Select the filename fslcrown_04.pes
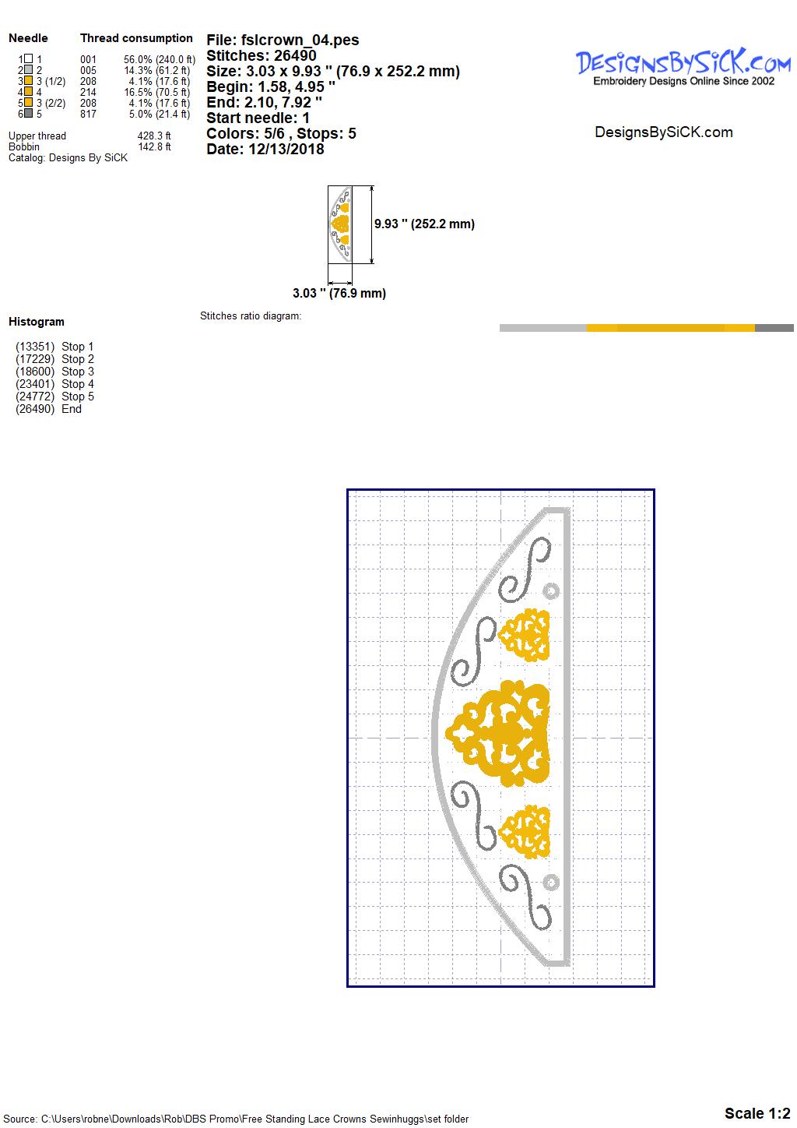(300, 40)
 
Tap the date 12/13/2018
(286, 149)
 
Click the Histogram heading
(37, 321)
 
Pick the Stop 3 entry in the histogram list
(78, 371)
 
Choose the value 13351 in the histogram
(35, 347)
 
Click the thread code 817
(88, 114)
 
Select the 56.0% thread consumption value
(138, 59)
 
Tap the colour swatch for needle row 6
(29, 113)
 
